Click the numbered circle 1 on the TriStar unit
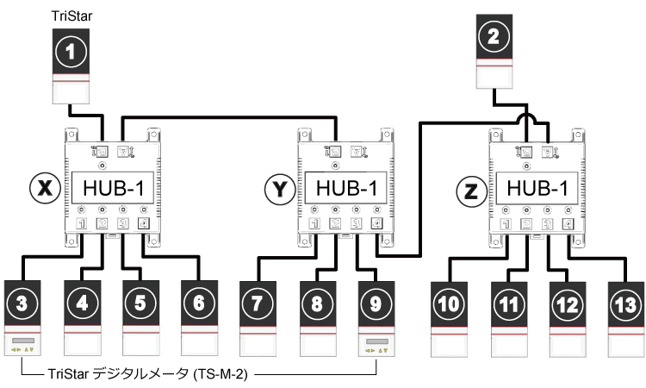[x=71, y=51]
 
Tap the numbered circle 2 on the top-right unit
[x=493, y=37]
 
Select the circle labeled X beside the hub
[x=44, y=188]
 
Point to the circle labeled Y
[x=276, y=188]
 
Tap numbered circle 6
[x=197, y=302]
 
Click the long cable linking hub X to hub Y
[x=228, y=114]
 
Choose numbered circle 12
[x=566, y=304]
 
